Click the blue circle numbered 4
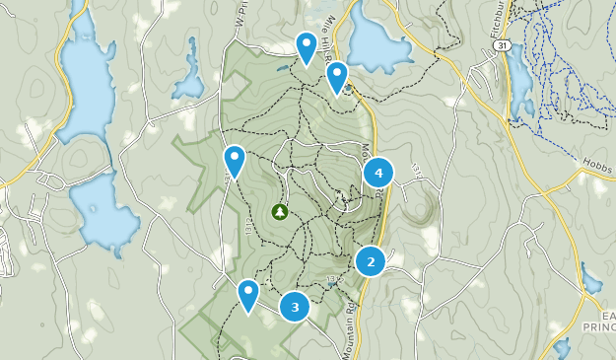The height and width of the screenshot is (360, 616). [378, 174]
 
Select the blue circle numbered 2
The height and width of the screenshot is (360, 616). [371, 261]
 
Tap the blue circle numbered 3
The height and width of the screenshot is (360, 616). [295, 307]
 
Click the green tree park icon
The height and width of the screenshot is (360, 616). [280, 211]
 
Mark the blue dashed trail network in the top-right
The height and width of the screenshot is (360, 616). [557, 59]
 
